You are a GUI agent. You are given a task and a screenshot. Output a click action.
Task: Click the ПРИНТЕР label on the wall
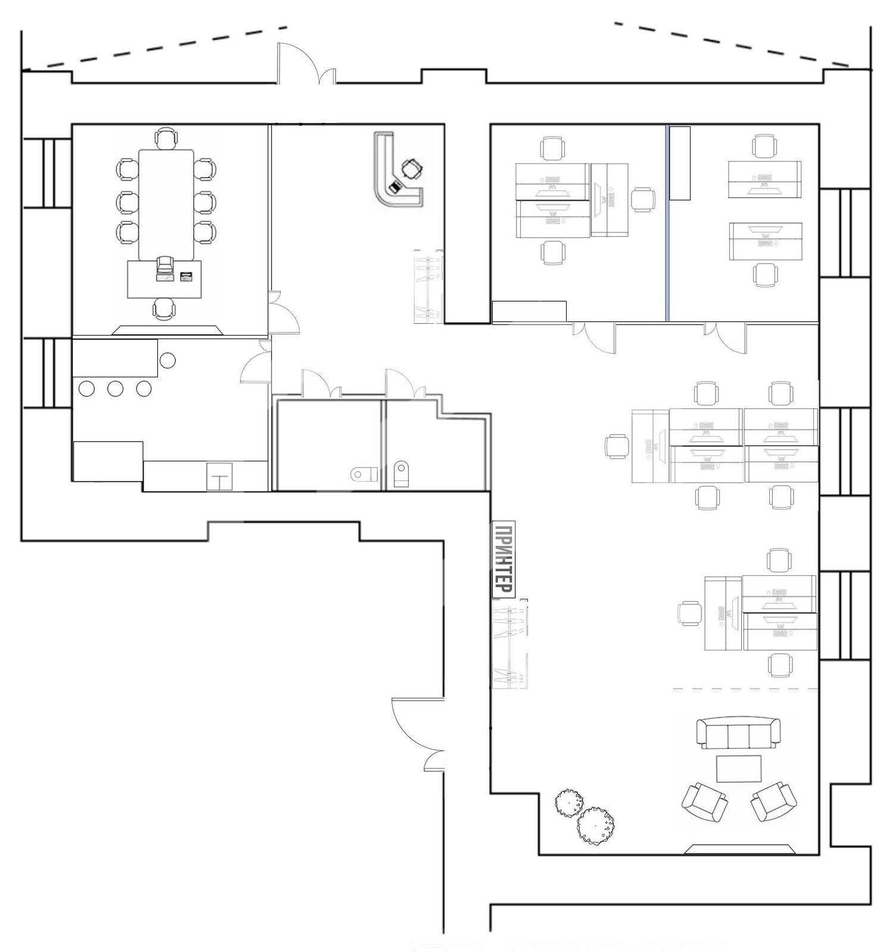(x=503, y=560)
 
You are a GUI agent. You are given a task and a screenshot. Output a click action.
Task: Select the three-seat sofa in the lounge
(x=738, y=733)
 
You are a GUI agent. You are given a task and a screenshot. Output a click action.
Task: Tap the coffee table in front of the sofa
(x=738, y=768)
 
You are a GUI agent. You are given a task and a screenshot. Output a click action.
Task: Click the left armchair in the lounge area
(x=704, y=802)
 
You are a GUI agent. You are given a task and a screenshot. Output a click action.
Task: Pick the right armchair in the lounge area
(x=773, y=801)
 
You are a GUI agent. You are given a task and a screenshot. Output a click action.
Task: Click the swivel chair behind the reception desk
(x=411, y=169)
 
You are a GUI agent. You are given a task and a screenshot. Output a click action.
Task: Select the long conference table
(x=166, y=204)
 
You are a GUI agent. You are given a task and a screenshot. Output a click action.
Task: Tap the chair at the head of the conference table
(x=166, y=138)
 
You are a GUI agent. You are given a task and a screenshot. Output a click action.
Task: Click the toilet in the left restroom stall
(x=364, y=475)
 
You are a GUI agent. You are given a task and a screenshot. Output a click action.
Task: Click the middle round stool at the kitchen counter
(x=115, y=389)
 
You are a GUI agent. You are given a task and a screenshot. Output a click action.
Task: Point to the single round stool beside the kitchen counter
(x=167, y=360)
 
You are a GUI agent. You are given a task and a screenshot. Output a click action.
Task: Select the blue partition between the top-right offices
(x=666, y=222)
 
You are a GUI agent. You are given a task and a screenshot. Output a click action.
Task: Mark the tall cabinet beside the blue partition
(x=680, y=163)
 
